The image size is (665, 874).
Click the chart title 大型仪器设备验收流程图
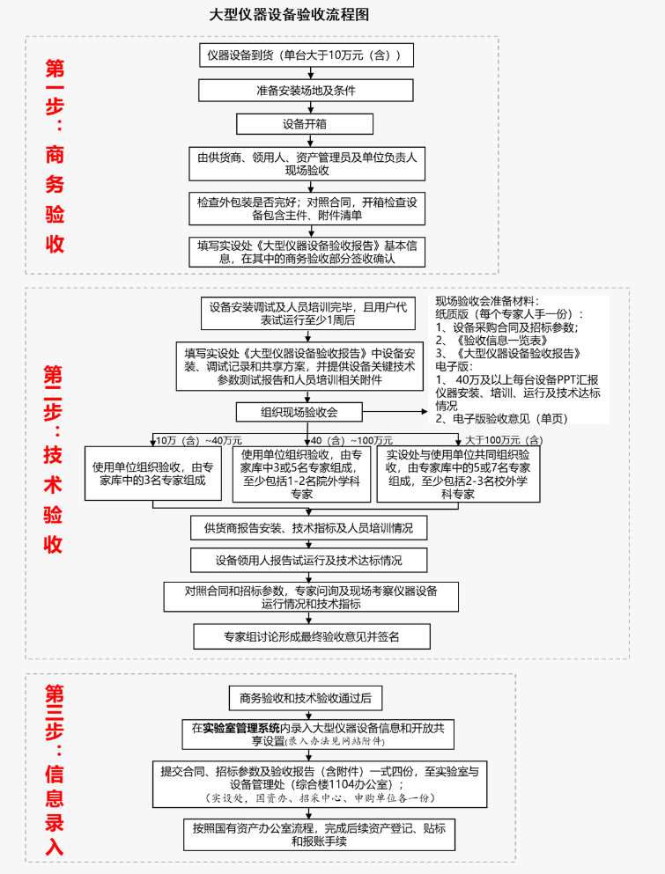[x=288, y=15]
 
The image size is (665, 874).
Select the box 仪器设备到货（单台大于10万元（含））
[x=306, y=55]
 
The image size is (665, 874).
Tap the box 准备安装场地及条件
[x=306, y=90]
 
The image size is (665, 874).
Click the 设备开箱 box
[x=305, y=123]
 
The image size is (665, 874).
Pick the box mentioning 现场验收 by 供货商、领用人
[x=306, y=164]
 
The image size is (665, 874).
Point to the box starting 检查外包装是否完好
[x=306, y=208]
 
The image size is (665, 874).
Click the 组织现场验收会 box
[x=299, y=411]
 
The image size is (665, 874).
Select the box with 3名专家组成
[x=153, y=474]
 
